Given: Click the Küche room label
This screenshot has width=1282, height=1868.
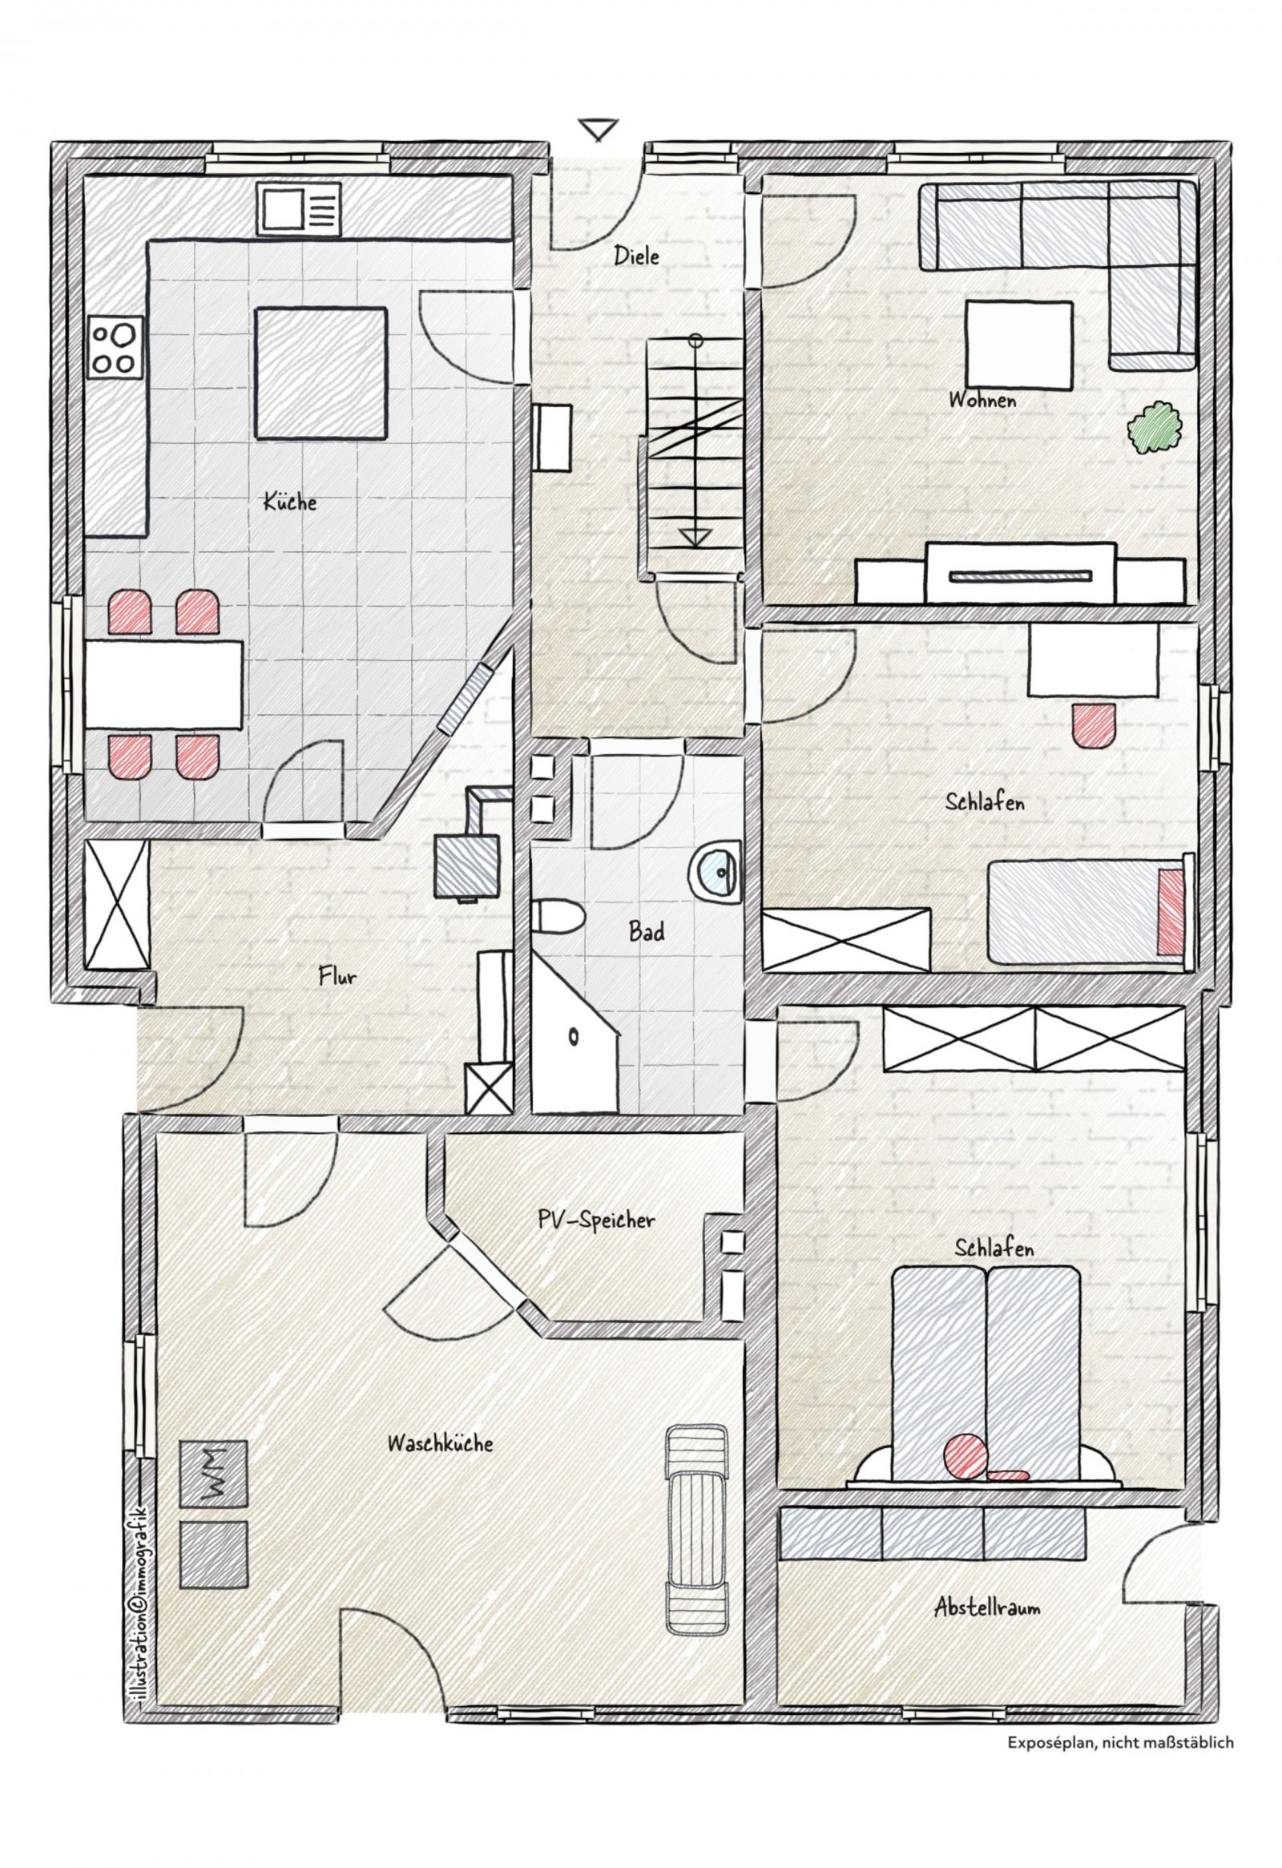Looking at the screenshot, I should [x=290, y=503].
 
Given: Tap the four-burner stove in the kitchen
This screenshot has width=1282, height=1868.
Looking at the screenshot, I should [x=114, y=347].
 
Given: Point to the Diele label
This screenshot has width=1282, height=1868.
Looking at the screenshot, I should [x=636, y=256].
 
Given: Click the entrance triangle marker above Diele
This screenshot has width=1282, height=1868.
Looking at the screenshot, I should [x=598, y=129].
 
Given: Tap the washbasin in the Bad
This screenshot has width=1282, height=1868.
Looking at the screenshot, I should [x=716, y=869].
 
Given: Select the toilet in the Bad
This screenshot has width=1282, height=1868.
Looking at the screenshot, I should [x=556, y=916].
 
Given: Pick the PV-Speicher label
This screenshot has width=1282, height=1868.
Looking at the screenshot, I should [x=596, y=1221].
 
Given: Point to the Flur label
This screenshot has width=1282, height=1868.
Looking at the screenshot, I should [x=337, y=978].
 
